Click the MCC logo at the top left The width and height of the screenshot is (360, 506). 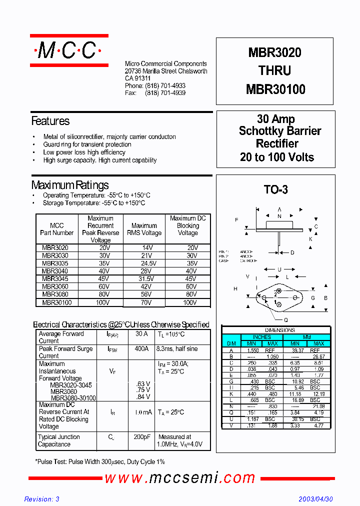tap(69, 50)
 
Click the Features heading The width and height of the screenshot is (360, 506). tap(50, 121)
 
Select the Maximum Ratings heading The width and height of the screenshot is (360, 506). tap(70, 185)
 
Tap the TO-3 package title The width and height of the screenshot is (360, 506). tap(275, 189)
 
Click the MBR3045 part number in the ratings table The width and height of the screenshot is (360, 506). tap(55, 279)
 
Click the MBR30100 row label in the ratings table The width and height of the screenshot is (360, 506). tap(57, 302)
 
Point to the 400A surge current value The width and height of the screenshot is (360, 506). tap(142, 349)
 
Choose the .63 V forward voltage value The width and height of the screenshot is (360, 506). tap(143, 383)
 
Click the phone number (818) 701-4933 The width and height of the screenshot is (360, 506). tap(165, 86)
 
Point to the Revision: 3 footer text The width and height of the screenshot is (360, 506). tap(42, 499)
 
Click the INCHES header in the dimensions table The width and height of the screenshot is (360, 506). tap(262, 337)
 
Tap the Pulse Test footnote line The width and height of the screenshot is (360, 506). tap(100, 461)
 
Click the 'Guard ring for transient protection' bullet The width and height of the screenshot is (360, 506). tap(87, 144)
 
